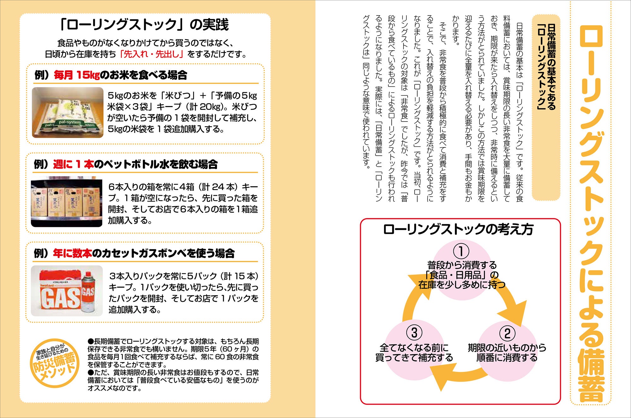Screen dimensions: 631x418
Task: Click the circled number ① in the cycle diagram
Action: [x=461, y=252]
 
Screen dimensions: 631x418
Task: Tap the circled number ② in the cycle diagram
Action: [x=507, y=333]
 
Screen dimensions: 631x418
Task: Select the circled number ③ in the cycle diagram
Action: [x=414, y=333]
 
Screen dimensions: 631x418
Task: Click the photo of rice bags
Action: [x=68, y=112]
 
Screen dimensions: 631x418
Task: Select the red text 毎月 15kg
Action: [x=77, y=75]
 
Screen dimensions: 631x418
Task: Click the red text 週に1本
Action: [x=73, y=164]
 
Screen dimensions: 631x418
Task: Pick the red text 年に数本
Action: [x=73, y=253]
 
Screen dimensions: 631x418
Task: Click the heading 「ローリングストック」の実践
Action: [x=144, y=25]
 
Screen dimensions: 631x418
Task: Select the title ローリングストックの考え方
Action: [x=458, y=230]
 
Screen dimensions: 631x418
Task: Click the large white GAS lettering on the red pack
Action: [x=60, y=298]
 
